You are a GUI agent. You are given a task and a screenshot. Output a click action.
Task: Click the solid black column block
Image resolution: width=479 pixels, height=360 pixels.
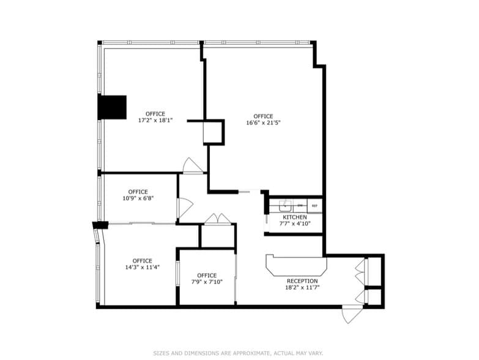(112, 107)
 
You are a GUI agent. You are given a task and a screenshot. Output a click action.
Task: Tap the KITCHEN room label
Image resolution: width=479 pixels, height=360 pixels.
(294, 217)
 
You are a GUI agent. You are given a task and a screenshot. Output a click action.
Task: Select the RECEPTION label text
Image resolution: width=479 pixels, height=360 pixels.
(302, 281)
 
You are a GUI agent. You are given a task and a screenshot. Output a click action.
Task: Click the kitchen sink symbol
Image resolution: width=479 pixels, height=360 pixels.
(286, 206)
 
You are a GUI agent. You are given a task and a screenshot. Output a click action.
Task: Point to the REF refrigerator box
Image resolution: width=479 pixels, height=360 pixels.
(314, 206)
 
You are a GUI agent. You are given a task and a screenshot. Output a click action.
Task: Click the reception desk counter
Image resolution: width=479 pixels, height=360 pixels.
(296, 266)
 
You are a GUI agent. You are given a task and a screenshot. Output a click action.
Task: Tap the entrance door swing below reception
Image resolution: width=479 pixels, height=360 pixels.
(352, 315)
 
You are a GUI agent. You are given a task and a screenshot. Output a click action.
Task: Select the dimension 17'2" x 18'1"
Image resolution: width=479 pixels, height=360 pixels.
(155, 121)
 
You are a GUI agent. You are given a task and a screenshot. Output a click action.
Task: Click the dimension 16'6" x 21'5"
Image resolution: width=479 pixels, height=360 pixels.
(263, 123)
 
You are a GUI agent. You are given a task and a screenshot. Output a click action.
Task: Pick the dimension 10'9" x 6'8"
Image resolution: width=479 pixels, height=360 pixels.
(138, 198)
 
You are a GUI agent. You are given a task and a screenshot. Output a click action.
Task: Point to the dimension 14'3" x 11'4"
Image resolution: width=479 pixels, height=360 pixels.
(142, 267)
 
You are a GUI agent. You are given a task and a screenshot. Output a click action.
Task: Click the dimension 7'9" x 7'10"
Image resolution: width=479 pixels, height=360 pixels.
(207, 282)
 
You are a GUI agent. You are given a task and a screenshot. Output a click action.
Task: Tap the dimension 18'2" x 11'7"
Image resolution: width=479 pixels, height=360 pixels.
(303, 288)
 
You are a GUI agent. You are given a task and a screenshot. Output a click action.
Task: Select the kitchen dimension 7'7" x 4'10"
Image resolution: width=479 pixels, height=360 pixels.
(294, 224)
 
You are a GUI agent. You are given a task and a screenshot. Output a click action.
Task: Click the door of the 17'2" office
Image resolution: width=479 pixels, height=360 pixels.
(192, 166)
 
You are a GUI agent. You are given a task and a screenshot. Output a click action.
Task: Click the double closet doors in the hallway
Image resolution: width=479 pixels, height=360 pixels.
(217, 219)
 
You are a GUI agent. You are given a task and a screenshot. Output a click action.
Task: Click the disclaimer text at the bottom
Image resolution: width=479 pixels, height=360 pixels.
(239, 353)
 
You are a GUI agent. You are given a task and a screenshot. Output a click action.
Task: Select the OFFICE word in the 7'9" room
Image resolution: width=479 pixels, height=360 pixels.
(207, 275)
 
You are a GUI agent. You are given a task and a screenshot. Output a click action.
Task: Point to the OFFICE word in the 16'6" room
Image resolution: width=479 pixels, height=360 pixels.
(263, 116)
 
